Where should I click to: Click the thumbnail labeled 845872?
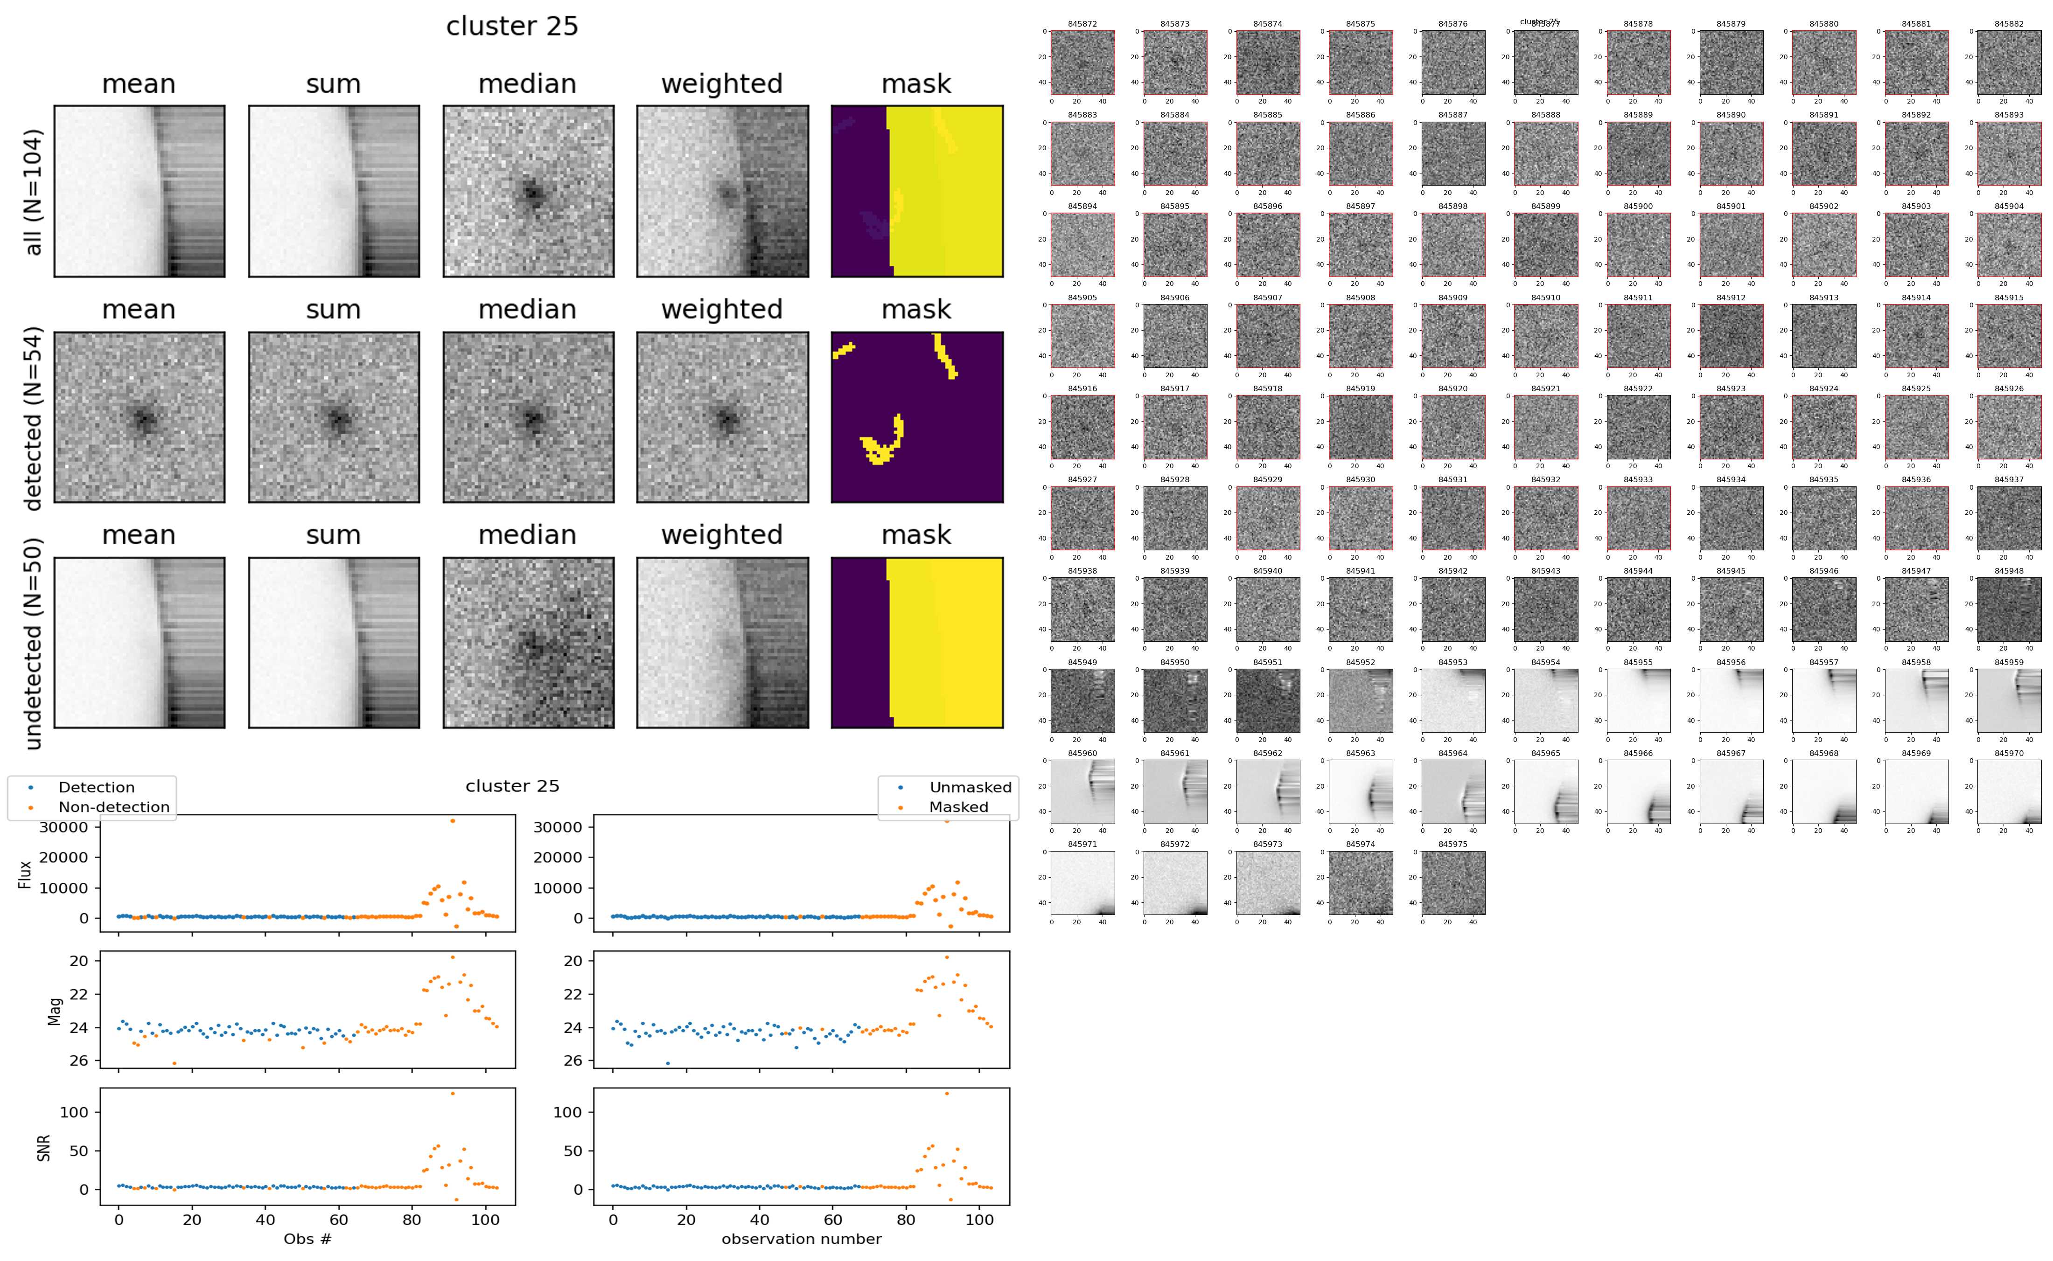pyautogui.click(x=1082, y=62)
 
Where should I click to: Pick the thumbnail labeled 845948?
pyautogui.click(x=2009, y=609)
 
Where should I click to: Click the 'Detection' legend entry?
pyautogui.click(x=96, y=787)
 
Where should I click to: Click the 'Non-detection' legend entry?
pyautogui.click(x=113, y=806)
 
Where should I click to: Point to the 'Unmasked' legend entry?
pyautogui.click(x=970, y=787)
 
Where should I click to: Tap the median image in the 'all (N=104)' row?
pyautogui.click(x=528, y=191)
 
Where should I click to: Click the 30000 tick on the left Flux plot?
pyautogui.click(x=64, y=827)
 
